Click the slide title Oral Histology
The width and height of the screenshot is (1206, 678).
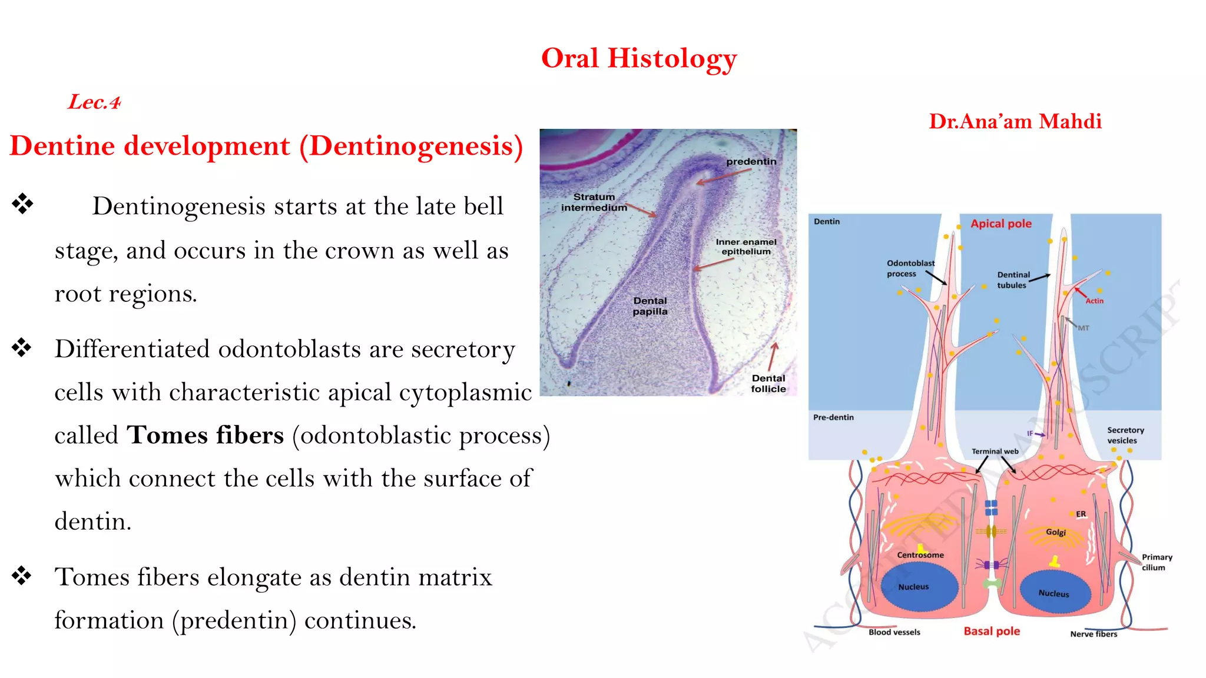pos(638,59)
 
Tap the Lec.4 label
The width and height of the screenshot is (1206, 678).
pos(94,102)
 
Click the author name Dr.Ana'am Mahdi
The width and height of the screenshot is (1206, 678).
pos(1015,121)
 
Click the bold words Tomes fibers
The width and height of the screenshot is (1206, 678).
pos(206,436)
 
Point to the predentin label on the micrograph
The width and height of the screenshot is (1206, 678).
pos(751,162)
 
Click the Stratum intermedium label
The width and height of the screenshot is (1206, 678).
pos(594,202)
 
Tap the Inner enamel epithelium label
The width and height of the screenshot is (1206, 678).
pos(746,247)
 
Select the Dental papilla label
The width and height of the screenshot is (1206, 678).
pos(650,306)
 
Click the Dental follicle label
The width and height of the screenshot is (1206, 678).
pos(768,384)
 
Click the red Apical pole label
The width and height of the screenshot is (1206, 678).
pos(1000,224)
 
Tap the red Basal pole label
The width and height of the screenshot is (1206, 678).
pos(992,632)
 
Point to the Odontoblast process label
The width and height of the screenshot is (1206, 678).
pos(910,268)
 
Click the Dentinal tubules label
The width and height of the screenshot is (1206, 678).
pos(1013,280)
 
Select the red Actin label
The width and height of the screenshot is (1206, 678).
pos(1094,301)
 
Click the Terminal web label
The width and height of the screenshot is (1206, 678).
pos(995,451)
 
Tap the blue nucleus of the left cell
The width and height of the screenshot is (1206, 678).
pos(919,587)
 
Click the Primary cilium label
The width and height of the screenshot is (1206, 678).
pos(1157,562)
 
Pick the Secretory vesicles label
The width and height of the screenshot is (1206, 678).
pos(1125,435)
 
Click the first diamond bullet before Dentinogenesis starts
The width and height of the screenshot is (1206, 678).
pos(22,204)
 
